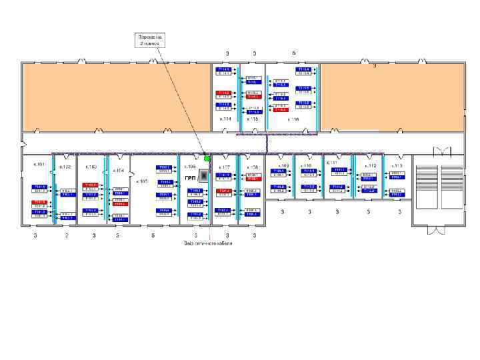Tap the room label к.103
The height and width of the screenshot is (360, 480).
[x=91, y=167]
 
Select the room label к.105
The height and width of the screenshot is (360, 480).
[x=142, y=181]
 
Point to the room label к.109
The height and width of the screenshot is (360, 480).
[x=283, y=165]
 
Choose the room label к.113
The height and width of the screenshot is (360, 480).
[x=397, y=165]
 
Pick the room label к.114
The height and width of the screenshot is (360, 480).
[x=226, y=119]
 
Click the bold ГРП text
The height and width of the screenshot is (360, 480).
[x=190, y=178]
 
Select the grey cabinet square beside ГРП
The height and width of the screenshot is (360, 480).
[x=203, y=177]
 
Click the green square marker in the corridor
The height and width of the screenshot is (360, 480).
[x=207, y=158]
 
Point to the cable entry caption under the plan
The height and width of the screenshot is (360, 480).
[x=208, y=243]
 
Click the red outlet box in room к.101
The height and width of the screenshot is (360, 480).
[x=39, y=201]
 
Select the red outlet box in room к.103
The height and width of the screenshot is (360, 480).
[x=91, y=185]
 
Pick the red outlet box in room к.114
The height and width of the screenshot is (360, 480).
[x=224, y=93]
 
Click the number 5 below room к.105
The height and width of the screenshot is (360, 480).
[x=153, y=235]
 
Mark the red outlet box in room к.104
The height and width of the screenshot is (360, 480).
[x=119, y=204]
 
